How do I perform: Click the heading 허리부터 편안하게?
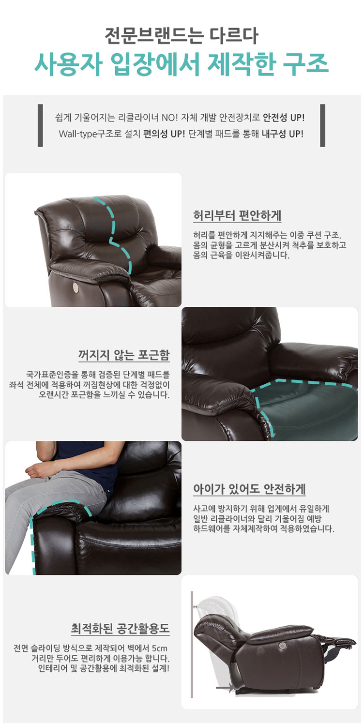[x=237, y=215]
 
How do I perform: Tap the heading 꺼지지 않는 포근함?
[x=124, y=355]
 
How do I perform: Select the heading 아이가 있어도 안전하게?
[x=249, y=489]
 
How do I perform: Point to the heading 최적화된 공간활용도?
[x=120, y=628]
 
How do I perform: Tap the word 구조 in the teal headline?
[x=305, y=63]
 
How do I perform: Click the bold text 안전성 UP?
[x=284, y=118]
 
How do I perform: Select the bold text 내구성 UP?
[x=282, y=134]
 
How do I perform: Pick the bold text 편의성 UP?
[x=164, y=134]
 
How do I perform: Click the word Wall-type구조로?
[x=90, y=134]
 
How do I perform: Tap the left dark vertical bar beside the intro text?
[x=40, y=125]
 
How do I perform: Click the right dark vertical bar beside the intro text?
[x=323, y=125]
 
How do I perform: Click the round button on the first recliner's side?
[x=76, y=287]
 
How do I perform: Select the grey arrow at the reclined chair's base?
[x=225, y=687]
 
